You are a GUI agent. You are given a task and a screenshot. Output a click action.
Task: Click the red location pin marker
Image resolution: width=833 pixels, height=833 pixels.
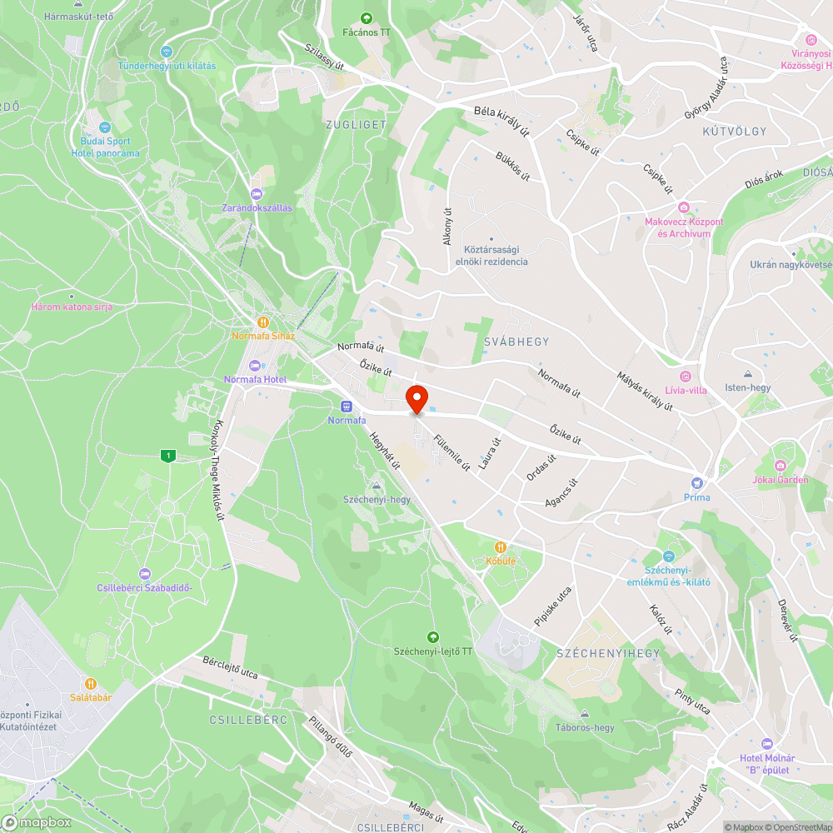[x=416, y=399]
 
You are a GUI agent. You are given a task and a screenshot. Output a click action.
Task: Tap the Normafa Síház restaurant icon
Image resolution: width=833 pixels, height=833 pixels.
[x=262, y=322]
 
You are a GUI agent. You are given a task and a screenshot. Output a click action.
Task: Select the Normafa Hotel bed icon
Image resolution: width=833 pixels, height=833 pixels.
[x=255, y=366]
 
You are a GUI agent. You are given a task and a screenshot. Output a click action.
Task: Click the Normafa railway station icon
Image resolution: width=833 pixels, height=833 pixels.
[x=347, y=407]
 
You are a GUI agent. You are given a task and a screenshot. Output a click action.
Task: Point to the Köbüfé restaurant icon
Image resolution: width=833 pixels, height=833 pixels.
[x=501, y=547]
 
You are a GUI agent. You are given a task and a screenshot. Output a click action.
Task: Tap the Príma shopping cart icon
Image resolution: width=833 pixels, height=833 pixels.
[x=697, y=483]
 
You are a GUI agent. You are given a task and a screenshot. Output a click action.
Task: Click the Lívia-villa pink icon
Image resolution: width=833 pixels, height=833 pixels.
[x=685, y=377]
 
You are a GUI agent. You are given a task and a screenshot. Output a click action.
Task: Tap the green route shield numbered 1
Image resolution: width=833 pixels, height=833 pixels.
[x=169, y=455]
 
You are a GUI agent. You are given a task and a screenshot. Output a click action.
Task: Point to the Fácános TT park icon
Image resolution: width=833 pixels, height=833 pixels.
[x=366, y=18]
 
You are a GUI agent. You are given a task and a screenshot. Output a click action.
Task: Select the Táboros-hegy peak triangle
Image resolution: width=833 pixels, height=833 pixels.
[x=585, y=714]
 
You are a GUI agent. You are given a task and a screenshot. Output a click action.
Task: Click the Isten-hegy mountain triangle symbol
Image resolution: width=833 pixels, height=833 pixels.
[x=748, y=374]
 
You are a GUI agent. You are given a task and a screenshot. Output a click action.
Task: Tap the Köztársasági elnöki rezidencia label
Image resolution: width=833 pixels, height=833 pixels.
[x=491, y=255]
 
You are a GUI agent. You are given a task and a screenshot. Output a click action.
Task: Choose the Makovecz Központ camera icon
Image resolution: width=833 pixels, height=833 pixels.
[x=683, y=207]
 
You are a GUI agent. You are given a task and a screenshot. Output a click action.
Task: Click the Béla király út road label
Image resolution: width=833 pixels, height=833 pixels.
[x=502, y=120]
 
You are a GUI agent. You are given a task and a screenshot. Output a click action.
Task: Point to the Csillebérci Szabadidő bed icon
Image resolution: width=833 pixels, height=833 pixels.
[x=145, y=574]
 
